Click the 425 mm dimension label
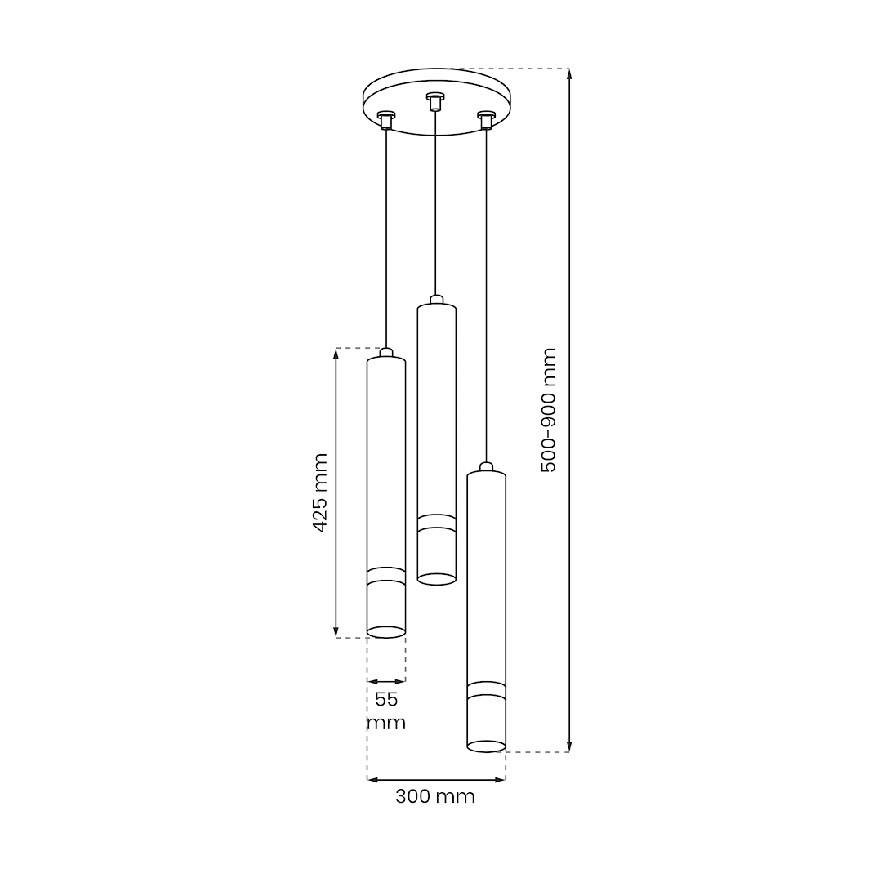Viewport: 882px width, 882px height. tap(320, 492)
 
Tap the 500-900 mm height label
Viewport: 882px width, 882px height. tap(548, 410)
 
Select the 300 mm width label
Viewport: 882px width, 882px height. tap(434, 796)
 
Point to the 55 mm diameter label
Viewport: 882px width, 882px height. tap(386, 710)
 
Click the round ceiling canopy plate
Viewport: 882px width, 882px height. tap(435, 102)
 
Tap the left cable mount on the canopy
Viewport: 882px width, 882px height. tap(385, 119)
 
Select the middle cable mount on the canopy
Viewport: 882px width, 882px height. tap(434, 101)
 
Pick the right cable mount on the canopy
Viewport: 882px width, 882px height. tap(485, 120)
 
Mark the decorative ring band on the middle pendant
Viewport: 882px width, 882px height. tap(436, 522)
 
